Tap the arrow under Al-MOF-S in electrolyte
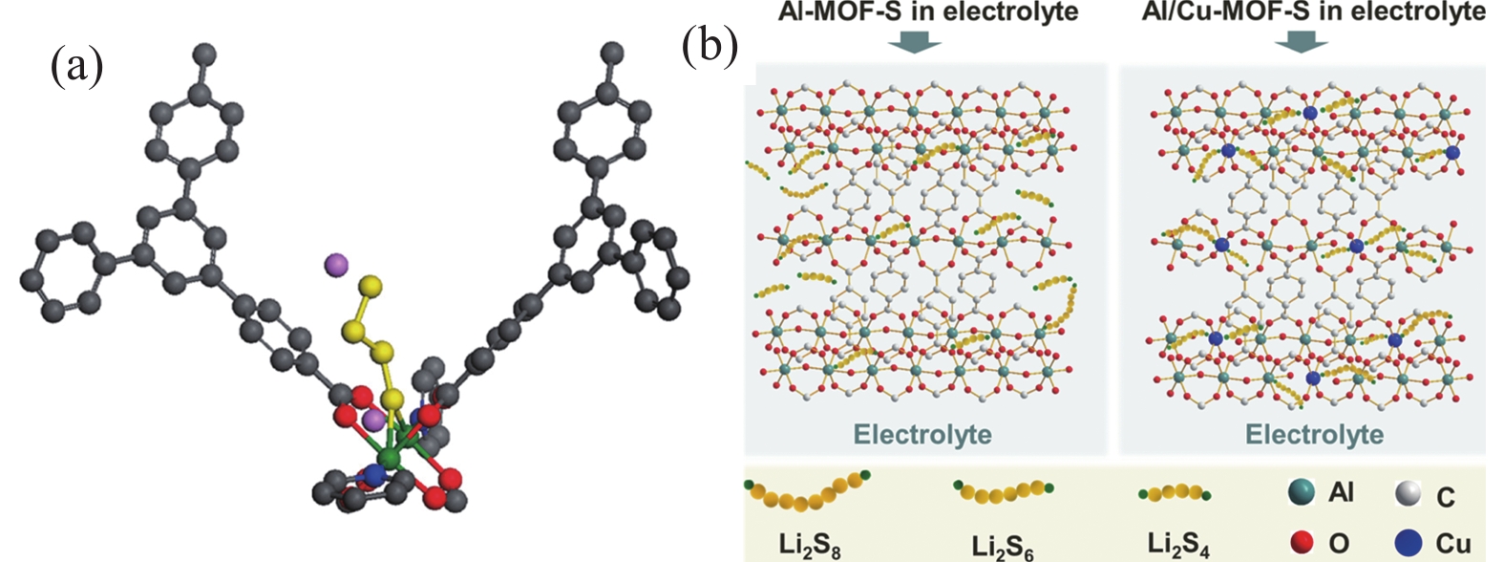pyautogui.click(x=915, y=42)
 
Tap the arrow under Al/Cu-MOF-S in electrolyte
pyautogui.click(x=1301, y=42)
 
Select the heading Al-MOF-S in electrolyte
pyautogui.click(x=915, y=11)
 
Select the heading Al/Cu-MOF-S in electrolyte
pyautogui.click(x=1313, y=11)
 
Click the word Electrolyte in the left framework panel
pyautogui.click(x=922, y=435)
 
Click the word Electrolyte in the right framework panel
pyautogui.click(x=1314, y=435)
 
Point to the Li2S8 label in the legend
pyautogui.click(x=810, y=545)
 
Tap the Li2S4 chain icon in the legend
pyautogui.click(x=1175, y=493)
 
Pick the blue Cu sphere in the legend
pyautogui.click(x=1407, y=542)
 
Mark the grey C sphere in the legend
pyautogui.click(x=1407, y=493)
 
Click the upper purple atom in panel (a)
pyautogui.click(x=336, y=264)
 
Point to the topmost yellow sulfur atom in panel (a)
pyautogui.click(x=372, y=285)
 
